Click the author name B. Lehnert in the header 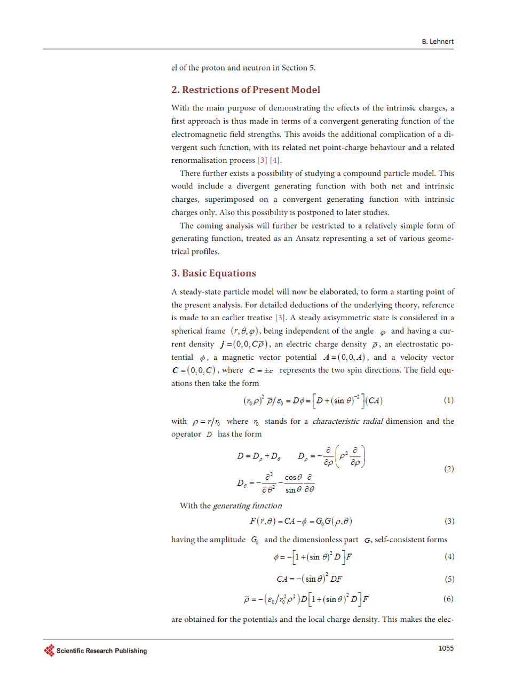438,42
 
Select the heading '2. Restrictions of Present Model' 245,90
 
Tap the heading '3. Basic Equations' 213,273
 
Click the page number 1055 445,648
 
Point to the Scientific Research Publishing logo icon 49,650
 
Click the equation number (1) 448,400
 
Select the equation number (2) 448,469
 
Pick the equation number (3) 448,521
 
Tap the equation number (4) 448,557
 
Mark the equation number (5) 448,579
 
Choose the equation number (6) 448,599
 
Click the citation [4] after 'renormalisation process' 275,161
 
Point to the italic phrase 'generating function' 247,506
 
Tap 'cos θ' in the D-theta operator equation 294,477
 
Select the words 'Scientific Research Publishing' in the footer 101,651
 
